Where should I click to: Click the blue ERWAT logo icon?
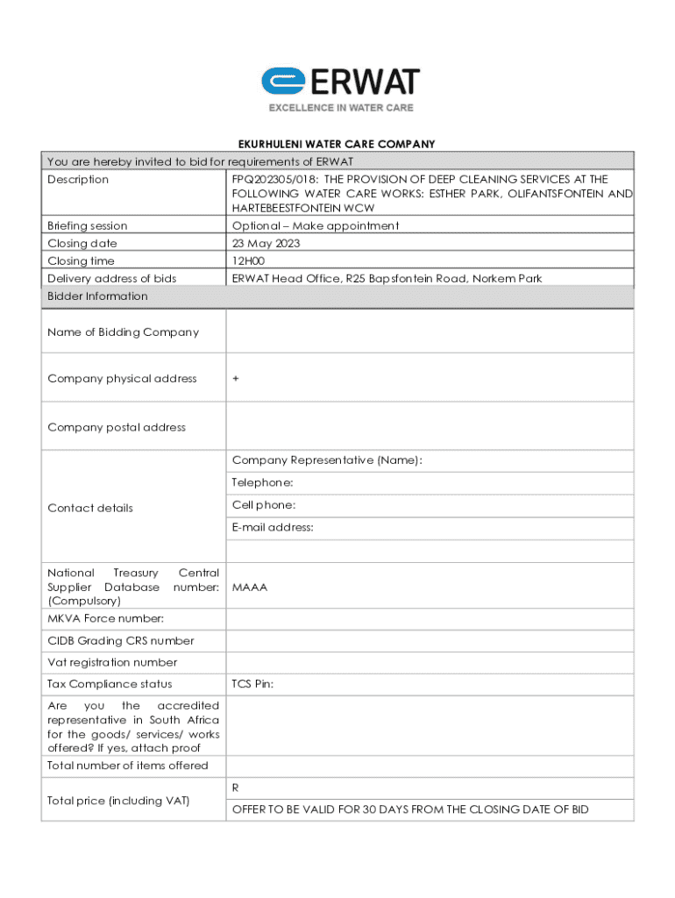point(283,82)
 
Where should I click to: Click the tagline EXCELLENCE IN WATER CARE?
point(340,108)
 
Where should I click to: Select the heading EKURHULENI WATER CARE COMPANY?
point(337,144)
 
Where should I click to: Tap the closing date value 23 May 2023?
point(266,243)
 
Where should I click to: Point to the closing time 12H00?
point(247,260)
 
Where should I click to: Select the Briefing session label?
point(87,225)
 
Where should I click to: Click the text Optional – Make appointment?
point(315,225)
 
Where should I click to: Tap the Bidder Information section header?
point(97,296)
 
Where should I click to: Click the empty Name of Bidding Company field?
point(430,331)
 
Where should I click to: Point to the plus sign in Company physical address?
point(235,379)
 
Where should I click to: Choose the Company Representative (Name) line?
point(326,460)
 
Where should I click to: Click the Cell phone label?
point(263,504)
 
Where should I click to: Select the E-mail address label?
point(273,527)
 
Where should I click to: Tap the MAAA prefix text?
point(249,587)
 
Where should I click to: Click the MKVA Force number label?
point(93,619)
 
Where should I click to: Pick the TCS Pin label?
point(252,684)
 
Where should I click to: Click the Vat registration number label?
point(112,662)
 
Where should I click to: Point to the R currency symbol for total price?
point(235,788)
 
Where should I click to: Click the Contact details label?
point(90,508)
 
